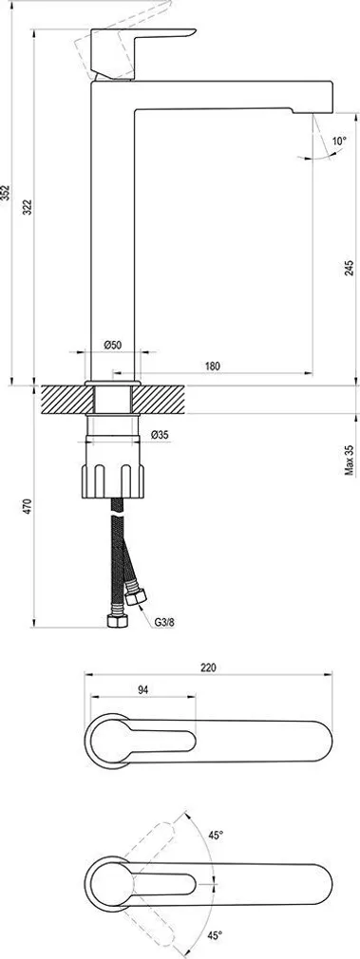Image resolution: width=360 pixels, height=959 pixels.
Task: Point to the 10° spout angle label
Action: tap(339, 142)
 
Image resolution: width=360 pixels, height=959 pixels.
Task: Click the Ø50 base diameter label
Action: tap(112, 345)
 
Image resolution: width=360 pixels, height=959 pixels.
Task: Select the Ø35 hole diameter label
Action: tap(160, 435)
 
